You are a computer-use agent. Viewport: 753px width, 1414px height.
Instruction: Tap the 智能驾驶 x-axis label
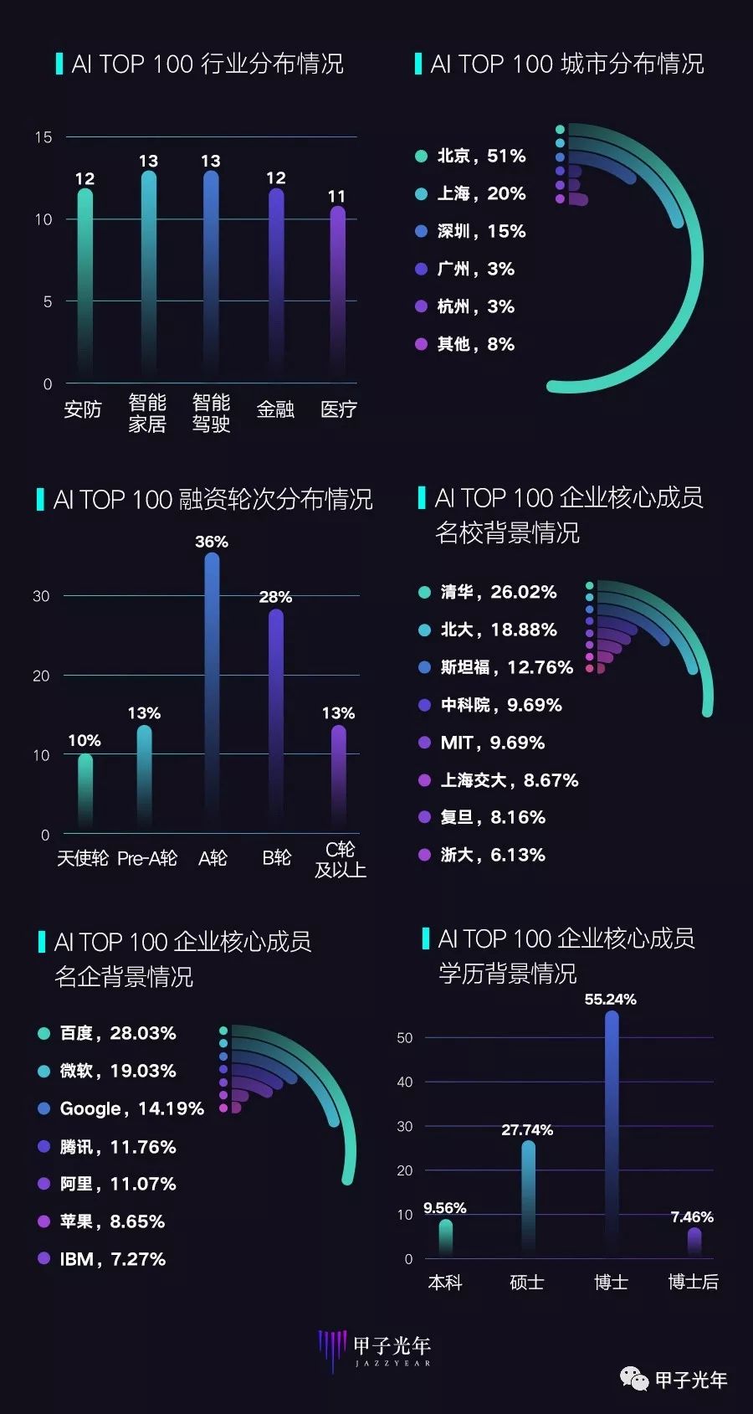(211, 413)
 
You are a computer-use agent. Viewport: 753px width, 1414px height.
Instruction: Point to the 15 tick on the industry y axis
(44, 137)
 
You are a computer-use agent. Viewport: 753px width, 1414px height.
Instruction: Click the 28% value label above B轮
(275, 597)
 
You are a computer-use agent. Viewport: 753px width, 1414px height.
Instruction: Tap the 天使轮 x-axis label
(82, 858)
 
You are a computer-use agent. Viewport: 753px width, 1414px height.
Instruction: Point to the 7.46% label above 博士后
(692, 1217)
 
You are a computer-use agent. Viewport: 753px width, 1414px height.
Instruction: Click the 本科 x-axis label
(444, 1282)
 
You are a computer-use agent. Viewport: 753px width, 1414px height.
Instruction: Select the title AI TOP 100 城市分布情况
(566, 64)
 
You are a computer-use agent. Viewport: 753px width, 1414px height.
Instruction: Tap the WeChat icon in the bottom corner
(633, 1379)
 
